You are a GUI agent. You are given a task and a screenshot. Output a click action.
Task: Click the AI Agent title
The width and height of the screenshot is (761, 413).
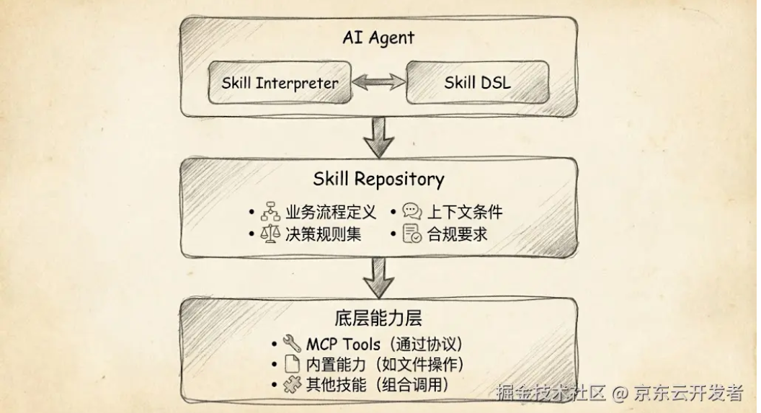[x=378, y=37]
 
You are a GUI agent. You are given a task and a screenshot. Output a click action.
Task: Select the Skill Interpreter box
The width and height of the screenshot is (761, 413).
[x=280, y=82]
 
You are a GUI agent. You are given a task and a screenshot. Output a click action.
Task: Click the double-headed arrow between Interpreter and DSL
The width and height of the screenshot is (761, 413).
[x=378, y=82]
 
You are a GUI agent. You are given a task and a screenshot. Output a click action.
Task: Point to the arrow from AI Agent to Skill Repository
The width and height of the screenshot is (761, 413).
[x=378, y=137]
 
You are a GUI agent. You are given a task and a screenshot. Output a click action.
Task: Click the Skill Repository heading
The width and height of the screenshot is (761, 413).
[x=378, y=178]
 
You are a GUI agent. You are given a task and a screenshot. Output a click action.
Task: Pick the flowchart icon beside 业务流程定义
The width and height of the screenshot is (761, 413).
[x=270, y=212]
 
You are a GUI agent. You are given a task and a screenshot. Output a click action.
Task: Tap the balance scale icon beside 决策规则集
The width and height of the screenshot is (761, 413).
[x=270, y=234]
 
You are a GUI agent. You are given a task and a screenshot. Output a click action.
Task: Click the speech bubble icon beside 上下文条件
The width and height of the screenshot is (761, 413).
[x=412, y=212]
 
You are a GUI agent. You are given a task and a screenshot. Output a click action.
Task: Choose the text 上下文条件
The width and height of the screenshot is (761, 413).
[x=465, y=212]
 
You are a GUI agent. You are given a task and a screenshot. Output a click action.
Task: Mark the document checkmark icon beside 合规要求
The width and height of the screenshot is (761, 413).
[x=412, y=234]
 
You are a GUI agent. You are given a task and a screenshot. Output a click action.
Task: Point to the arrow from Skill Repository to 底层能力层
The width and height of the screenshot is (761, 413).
[x=378, y=277]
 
